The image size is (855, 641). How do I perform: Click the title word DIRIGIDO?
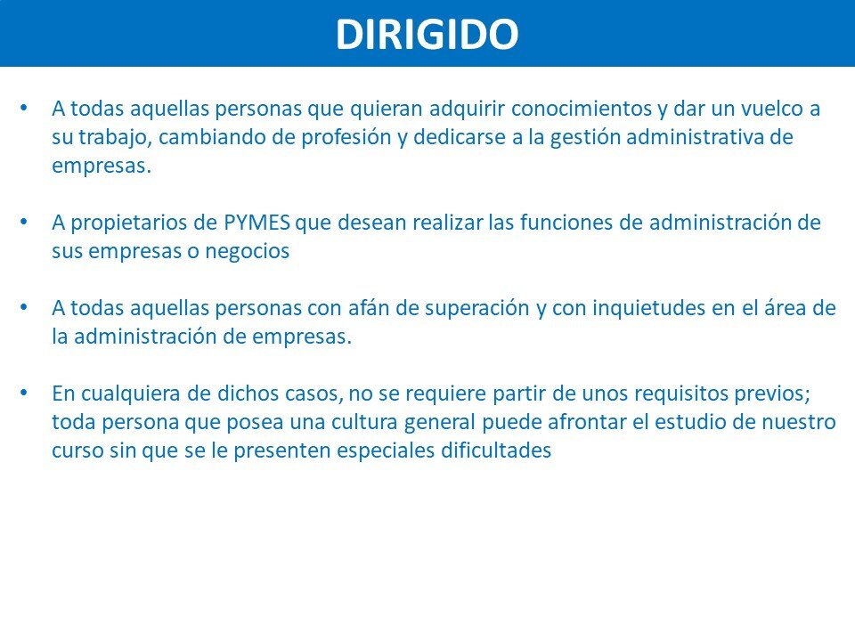click(427, 35)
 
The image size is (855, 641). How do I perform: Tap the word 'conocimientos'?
click(582, 109)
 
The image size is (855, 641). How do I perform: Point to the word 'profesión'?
click(346, 137)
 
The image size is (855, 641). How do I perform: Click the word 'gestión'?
click(584, 137)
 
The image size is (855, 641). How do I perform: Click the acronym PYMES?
click(256, 223)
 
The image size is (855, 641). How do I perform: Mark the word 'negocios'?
click(247, 251)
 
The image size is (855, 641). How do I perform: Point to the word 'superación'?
click(477, 309)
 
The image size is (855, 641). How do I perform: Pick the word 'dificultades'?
click(496, 450)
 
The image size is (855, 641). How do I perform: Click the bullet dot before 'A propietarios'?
click(23, 222)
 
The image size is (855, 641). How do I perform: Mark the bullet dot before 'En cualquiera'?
click(23, 393)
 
